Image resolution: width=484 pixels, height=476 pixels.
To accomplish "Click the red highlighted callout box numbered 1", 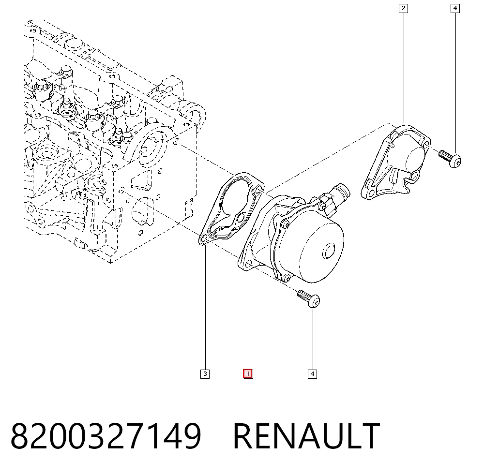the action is [248, 374].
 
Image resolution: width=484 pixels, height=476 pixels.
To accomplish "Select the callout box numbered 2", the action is [404, 8].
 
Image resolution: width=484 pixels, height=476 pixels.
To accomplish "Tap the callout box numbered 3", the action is [205, 374].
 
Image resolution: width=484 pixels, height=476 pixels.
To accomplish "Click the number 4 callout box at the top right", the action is [455, 8].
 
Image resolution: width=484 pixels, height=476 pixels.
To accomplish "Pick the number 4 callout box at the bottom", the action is [312, 374].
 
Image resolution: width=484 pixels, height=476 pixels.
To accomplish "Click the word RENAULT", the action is [306, 436].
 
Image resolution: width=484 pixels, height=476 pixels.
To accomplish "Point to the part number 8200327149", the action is [106, 436].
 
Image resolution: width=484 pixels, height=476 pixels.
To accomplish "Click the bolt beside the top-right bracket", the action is [450, 158].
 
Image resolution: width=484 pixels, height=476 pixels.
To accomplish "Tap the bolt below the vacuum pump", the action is [309, 298].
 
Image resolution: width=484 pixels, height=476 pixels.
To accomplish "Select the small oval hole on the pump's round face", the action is [329, 251].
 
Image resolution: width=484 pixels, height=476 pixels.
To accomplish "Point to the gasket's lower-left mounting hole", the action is [204, 239].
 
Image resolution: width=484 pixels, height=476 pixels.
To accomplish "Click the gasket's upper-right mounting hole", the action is [259, 188].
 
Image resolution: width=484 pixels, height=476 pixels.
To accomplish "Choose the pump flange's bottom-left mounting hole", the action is [248, 264].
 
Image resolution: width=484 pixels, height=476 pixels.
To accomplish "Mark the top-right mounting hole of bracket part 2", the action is [426, 144].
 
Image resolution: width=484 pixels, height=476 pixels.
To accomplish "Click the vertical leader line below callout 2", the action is [404, 68].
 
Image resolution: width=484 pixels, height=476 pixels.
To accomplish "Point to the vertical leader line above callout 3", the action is [205, 307].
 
